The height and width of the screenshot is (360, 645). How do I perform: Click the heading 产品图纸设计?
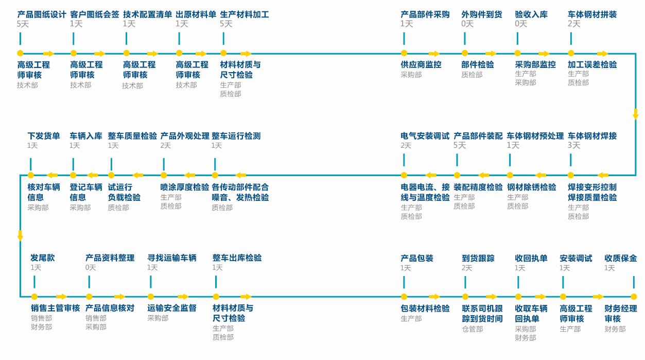tap(42, 14)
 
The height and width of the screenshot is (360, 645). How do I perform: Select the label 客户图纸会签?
tap(94, 14)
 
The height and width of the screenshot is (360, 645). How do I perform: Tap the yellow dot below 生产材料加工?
tap(223, 53)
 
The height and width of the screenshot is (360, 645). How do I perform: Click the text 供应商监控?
tap(421, 65)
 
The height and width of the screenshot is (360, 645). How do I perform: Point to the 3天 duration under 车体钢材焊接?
tap(573, 146)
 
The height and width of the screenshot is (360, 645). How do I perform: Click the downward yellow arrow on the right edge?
tap(635, 114)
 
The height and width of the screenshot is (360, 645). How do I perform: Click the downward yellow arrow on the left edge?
tap(20, 235)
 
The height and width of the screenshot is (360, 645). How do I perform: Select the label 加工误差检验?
tap(592, 65)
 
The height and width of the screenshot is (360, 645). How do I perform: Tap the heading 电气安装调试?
tap(425, 136)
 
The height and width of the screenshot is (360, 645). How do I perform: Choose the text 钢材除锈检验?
tap(531, 187)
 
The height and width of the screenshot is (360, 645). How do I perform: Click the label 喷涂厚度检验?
tap(185, 187)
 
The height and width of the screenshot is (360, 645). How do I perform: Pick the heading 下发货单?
tap(44, 136)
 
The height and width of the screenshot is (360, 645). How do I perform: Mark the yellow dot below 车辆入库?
tap(73, 175)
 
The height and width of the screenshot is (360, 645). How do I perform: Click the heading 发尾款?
tap(42, 258)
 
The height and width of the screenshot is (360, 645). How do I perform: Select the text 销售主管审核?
tap(55, 308)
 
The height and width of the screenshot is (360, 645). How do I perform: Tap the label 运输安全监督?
tap(172, 308)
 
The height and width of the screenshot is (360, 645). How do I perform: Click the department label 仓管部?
tap(472, 329)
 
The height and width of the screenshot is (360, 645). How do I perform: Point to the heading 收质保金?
tap(620, 258)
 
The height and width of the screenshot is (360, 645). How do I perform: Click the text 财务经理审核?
tap(620, 314)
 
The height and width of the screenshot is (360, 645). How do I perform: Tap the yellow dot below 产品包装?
tap(404, 297)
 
